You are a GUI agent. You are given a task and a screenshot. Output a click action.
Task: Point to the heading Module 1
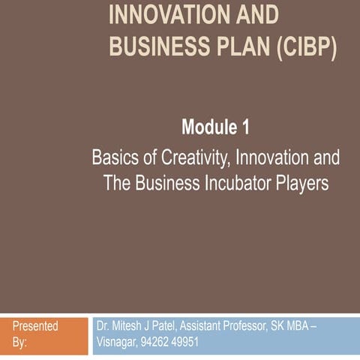(214, 128)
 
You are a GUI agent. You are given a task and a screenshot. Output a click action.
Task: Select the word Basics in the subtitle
(113, 158)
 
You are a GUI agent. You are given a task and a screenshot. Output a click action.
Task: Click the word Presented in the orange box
(35, 326)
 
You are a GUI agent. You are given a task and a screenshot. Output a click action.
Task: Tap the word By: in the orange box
(20, 342)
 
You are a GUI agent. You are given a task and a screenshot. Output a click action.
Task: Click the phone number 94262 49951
(171, 342)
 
